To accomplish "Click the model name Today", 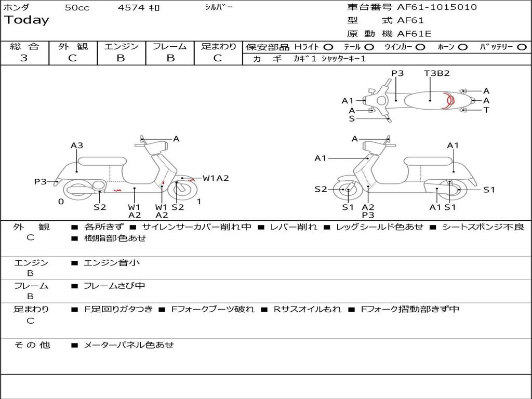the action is pos(26,20).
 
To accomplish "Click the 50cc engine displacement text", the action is pos(77,8).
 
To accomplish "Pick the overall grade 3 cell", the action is pos(24,58).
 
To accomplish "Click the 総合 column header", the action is pos(24,47).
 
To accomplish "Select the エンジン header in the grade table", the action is pos(121,47).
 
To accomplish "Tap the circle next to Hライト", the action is pos(328,47).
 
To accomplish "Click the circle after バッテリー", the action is pos(522,47).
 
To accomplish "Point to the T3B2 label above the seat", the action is pos(436,73).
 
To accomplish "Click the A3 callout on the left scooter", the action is pos(77,146).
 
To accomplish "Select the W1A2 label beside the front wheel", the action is pos(216,178).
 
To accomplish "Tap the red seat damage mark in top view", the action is pos(446,100).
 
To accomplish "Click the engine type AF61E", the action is pos(414,34).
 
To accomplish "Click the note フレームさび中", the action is pos(115,286).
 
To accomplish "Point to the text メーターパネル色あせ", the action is pos(129,345).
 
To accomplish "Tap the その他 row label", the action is pos(32,345).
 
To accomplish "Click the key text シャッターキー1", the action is pos(343,59).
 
